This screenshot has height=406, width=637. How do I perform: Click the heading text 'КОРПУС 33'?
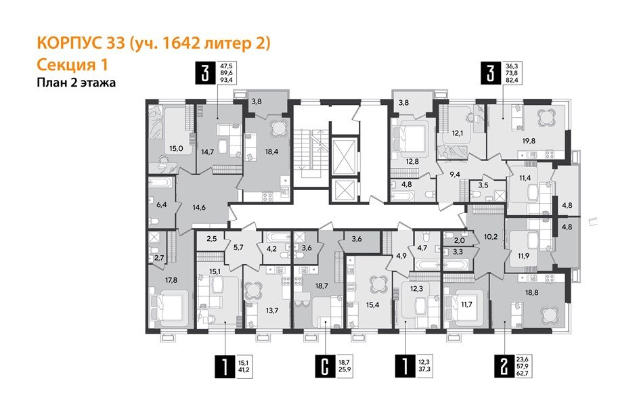coord(81,44)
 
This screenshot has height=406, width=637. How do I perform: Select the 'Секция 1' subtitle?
coord(71,65)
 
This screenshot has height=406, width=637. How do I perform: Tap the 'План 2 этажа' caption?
coord(76,83)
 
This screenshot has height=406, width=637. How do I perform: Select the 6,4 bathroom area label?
coord(161,202)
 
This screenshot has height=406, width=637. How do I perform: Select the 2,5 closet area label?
coord(211,239)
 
